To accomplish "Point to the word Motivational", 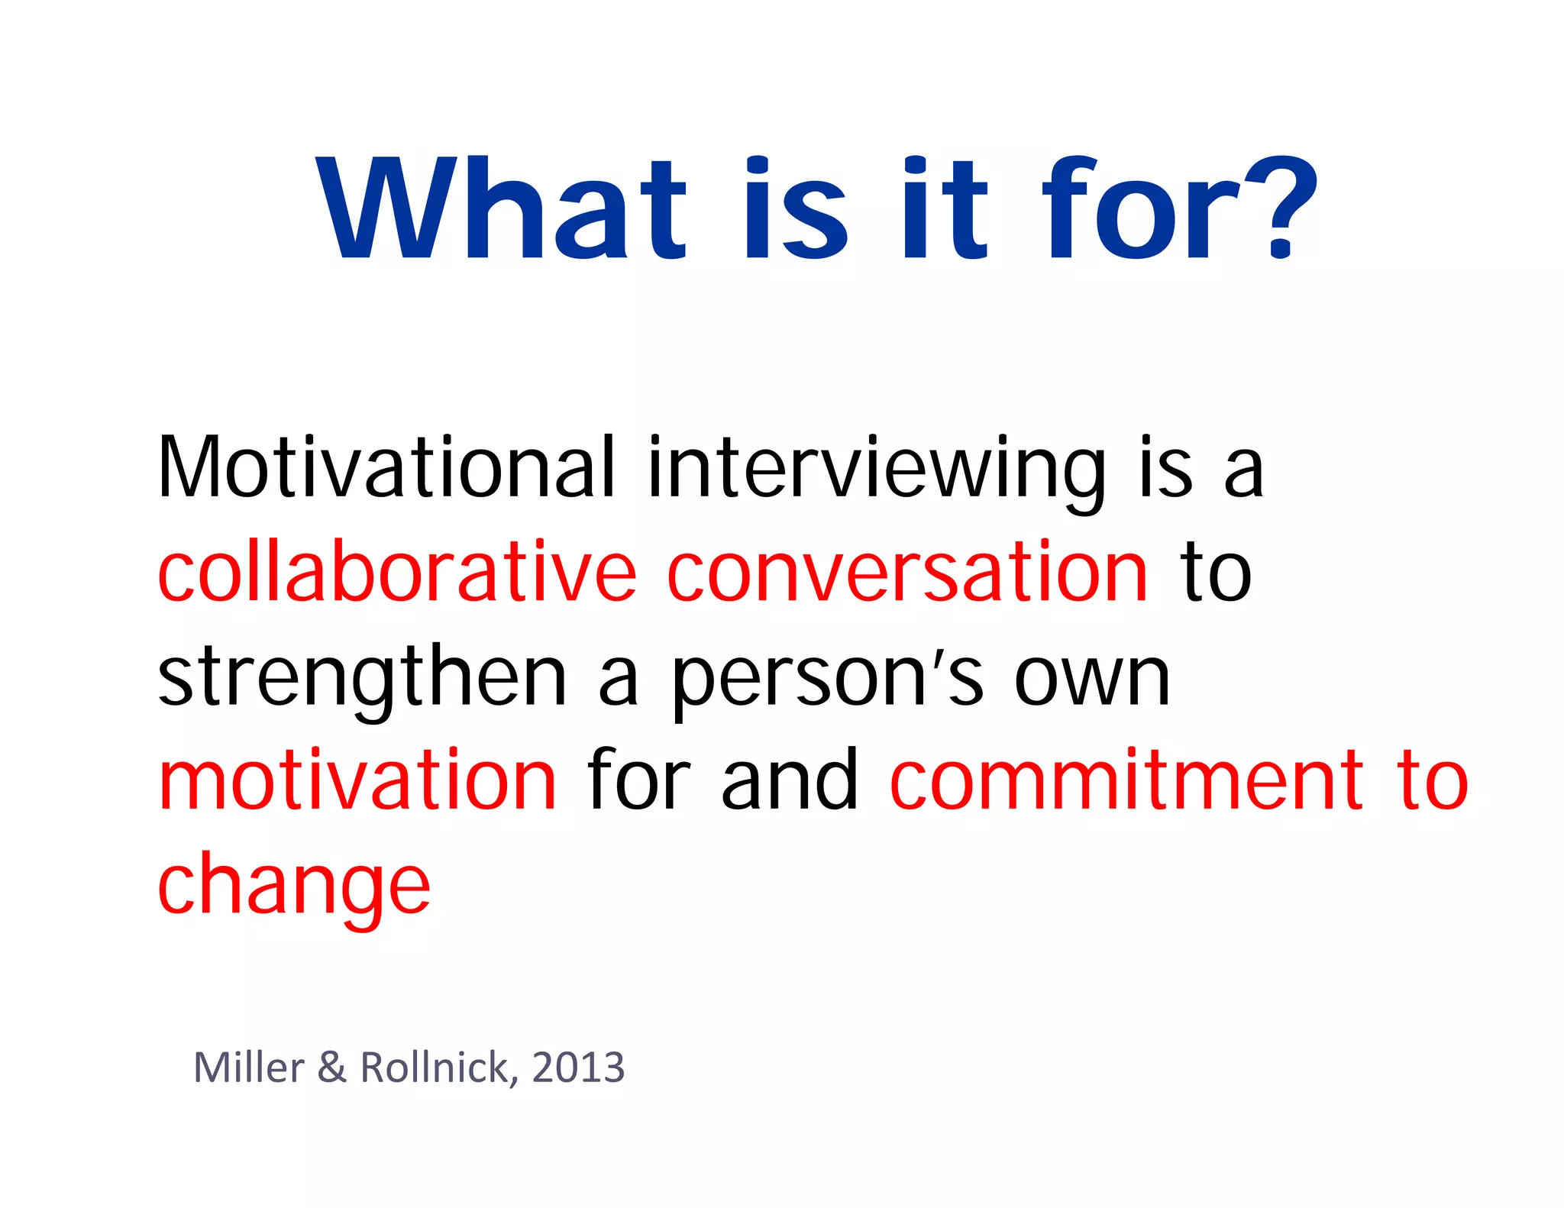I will point(386,467).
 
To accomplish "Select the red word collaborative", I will point(396,572).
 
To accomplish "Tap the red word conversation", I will point(907,572).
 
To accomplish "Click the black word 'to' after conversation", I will point(1216,572).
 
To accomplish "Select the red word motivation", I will point(357,780).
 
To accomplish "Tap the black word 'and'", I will point(790,780).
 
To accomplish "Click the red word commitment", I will point(1127,780).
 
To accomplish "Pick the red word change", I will point(294,886).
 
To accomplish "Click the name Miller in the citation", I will point(249,1067).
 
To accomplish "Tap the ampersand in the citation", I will point(332,1067).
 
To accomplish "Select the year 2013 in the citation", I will point(578,1067).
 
